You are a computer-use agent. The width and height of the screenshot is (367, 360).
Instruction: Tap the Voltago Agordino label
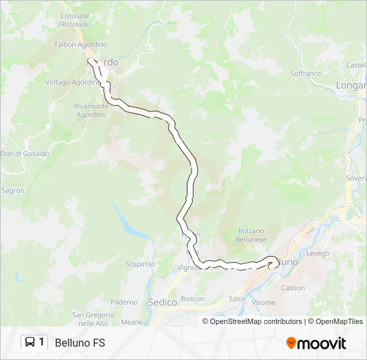pos(72,82)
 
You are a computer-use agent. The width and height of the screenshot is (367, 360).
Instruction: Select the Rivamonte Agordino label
pos(91,110)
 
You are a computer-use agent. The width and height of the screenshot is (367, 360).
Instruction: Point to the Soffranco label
pos(306,73)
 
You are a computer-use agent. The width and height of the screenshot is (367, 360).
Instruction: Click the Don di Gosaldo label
pos(25,153)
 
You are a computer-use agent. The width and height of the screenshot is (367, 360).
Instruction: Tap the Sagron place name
pos(13,191)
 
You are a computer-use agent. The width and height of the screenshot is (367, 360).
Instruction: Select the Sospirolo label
pos(140,264)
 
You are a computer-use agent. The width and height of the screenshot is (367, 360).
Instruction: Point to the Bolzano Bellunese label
pos(252,235)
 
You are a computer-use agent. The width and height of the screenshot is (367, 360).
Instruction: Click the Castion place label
pos(293,288)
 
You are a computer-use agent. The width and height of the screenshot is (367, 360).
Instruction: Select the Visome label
pos(264,302)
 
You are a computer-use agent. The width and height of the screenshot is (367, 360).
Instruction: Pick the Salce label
pos(237,299)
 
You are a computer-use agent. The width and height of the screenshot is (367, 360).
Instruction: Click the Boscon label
pos(192,299)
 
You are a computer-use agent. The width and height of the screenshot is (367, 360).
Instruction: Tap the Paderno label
pos(123,302)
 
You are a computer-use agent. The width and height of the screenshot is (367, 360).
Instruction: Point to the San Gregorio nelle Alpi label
pos(90,319)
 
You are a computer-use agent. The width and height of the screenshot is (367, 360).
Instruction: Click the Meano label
pos(132,322)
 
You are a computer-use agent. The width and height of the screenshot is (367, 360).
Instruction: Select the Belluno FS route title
pos(79,343)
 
